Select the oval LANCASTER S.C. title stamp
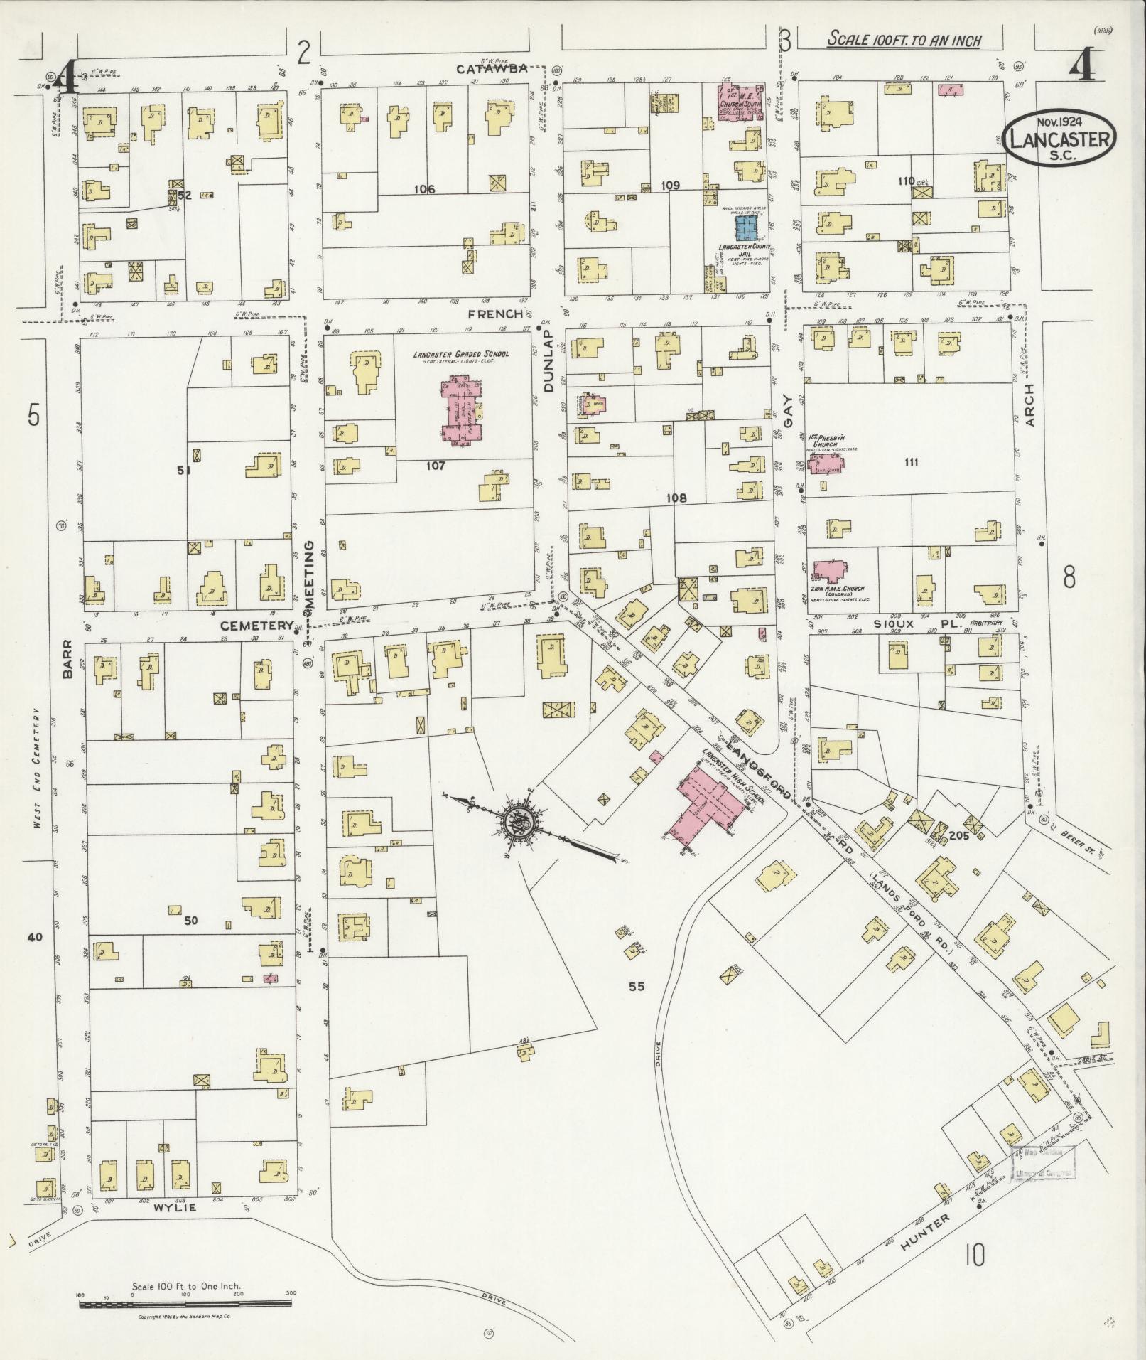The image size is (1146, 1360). [x=1060, y=139]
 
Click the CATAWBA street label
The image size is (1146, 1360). [x=492, y=68]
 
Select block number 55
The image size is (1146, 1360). [x=636, y=986]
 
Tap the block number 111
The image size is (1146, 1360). [x=911, y=462]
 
